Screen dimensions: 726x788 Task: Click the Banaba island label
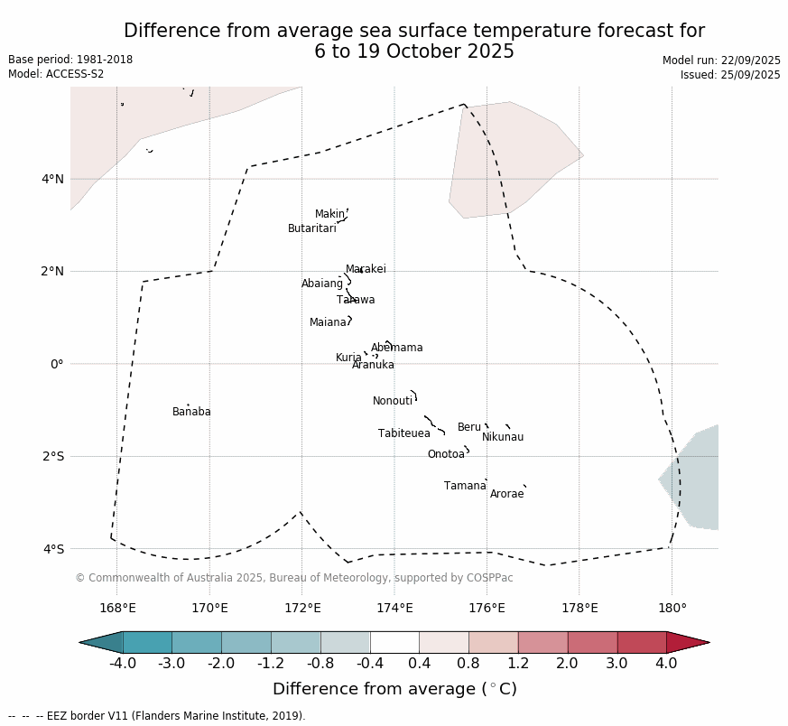point(191,412)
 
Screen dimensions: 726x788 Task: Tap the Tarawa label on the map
point(356,300)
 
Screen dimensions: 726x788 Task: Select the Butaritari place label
point(311,228)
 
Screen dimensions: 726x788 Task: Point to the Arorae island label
point(506,494)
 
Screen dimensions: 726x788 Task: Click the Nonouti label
point(393,401)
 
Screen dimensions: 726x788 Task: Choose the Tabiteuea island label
point(403,433)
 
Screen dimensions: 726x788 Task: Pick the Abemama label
point(396,348)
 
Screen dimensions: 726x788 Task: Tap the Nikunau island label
point(502,437)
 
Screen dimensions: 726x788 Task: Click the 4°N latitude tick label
point(52,179)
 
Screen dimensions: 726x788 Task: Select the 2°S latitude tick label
point(52,456)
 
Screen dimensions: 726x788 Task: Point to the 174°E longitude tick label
point(394,608)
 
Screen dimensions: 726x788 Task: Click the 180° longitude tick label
point(672,608)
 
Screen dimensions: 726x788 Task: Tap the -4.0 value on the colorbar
point(123,664)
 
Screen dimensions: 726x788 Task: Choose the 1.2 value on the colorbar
point(518,664)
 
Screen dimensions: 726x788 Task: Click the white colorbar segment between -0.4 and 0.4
point(394,642)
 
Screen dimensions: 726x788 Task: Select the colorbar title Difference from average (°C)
point(394,689)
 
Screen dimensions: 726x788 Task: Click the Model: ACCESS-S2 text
point(56,74)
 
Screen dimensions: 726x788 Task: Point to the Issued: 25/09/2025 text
point(730,75)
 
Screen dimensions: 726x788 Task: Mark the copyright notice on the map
point(293,578)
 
